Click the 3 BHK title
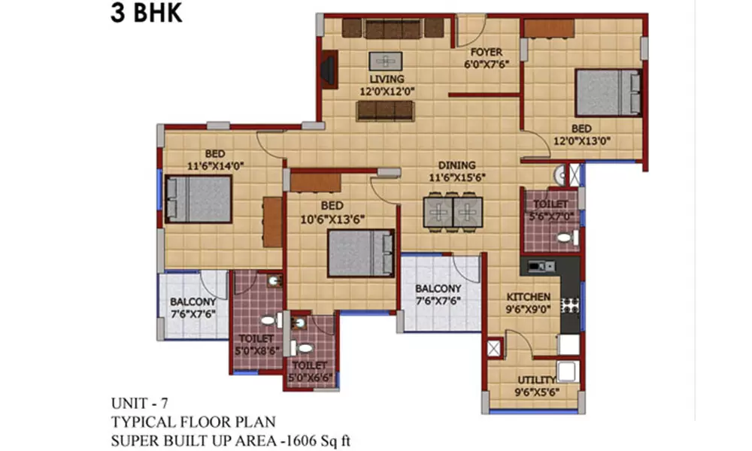(147, 14)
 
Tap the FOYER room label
(486, 53)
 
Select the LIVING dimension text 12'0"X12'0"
(387, 91)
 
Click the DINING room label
(457, 165)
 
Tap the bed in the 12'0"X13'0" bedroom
(608, 92)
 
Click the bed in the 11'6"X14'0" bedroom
(199, 198)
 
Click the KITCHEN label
(527, 297)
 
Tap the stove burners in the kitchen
(571, 304)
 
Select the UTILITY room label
(536, 380)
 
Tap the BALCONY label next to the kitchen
(438, 289)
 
